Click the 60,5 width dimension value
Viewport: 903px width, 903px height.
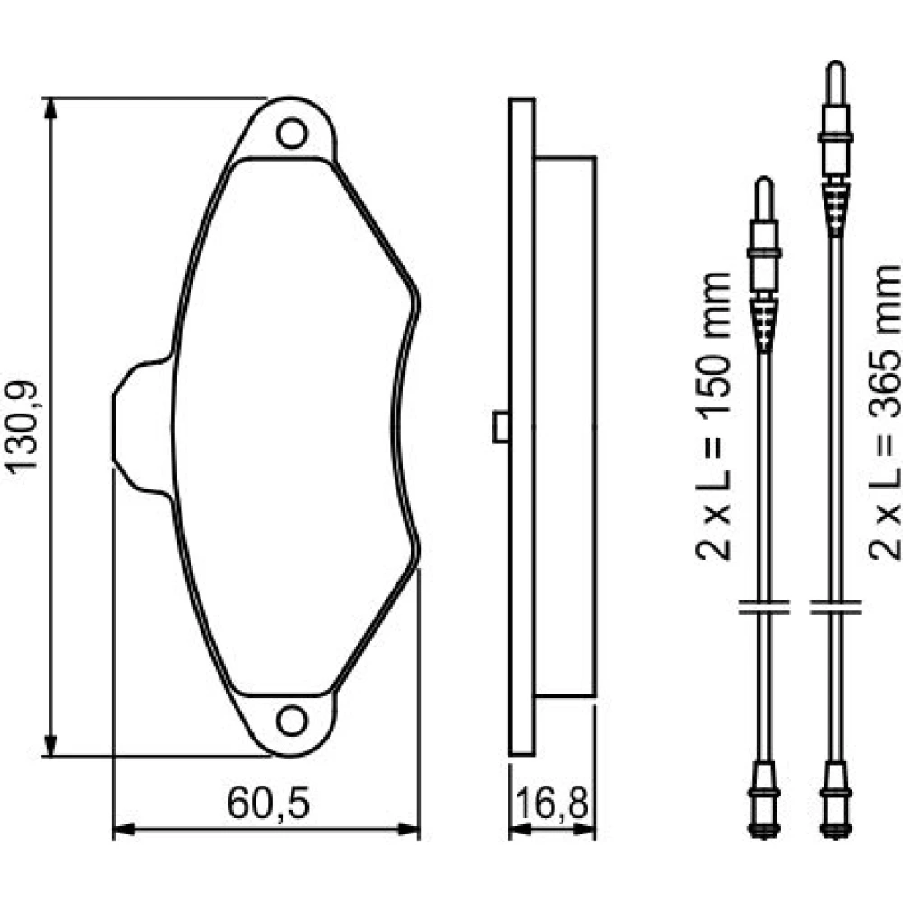(x=268, y=804)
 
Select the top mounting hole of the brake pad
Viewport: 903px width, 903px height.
(x=292, y=133)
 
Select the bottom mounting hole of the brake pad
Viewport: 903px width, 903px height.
(x=292, y=721)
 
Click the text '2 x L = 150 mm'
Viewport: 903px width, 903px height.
(x=713, y=415)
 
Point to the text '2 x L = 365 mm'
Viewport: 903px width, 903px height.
(x=885, y=412)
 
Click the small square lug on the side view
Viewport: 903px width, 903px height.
(x=500, y=427)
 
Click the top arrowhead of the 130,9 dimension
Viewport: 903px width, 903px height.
(x=51, y=108)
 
